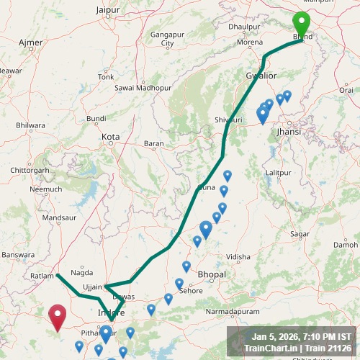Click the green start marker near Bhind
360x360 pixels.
tap(302, 24)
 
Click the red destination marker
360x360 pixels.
tap(57, 315)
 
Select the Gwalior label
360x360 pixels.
tap(260, 75)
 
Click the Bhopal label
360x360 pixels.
tap(211, 274)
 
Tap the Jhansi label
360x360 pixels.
tap(288, 132)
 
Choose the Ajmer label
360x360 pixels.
tap(30, 42)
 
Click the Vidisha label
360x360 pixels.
tap(238, 256)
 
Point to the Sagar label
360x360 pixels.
tap(299, 234)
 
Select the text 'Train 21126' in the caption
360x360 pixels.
tap(327, 348)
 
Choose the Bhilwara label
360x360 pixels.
tap(30, 125)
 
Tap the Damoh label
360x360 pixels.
tap(346, 245)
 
